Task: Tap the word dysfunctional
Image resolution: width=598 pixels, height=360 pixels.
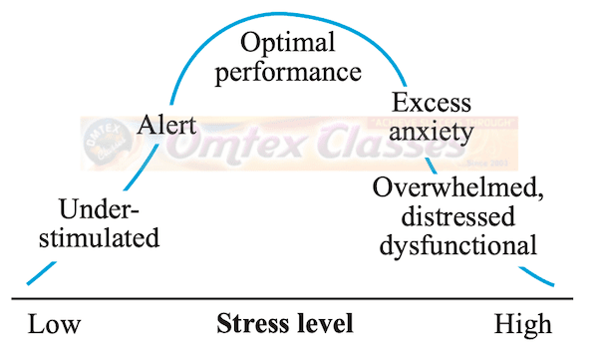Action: point(457,242)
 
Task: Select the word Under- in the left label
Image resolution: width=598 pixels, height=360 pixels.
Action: point(100,209)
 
